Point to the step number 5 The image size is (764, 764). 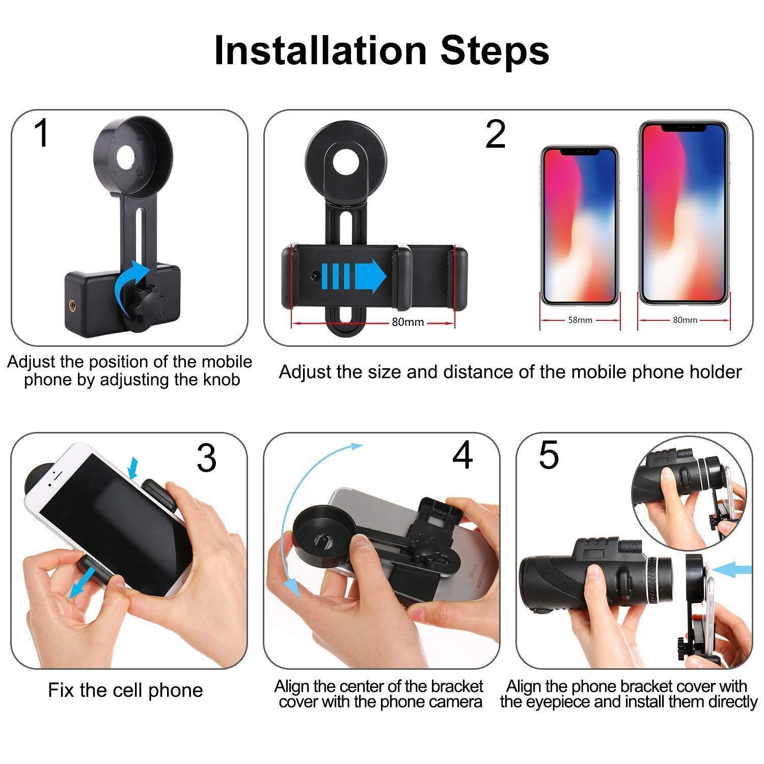[549, 455]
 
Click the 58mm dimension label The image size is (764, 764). [580, 320]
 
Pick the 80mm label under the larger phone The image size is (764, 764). [685, 320]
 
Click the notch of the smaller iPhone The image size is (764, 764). [579, 151]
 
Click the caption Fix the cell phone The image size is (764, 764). [125, 690]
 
